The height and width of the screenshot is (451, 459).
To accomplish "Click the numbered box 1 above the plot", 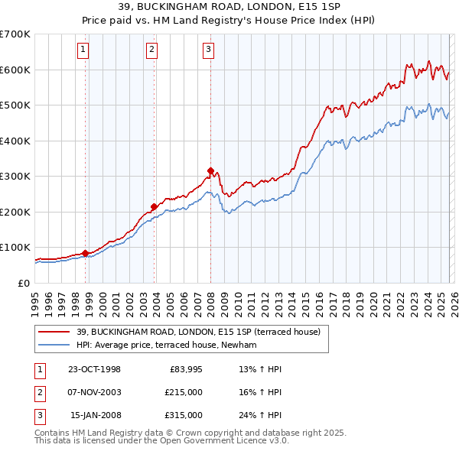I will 83,50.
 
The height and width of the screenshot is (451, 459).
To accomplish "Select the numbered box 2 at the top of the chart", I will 152,50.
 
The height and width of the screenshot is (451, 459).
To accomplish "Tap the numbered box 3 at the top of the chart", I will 208,50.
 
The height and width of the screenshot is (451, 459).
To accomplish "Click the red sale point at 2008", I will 210,170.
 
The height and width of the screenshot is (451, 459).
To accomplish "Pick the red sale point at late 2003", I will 154,206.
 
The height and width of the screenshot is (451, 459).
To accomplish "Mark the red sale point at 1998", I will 85,253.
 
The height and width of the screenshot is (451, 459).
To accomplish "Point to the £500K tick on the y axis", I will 15,105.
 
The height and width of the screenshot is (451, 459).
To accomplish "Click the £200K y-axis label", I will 15,212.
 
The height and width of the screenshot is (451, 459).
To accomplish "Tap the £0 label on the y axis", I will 23,283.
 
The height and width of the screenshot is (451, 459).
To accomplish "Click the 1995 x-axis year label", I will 35,300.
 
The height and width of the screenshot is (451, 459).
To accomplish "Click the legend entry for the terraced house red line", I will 203,332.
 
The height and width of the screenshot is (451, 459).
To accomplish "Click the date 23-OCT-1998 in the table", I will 94,369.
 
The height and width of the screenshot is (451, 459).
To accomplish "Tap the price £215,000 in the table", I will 184,392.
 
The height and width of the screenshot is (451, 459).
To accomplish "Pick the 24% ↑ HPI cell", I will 261,415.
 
